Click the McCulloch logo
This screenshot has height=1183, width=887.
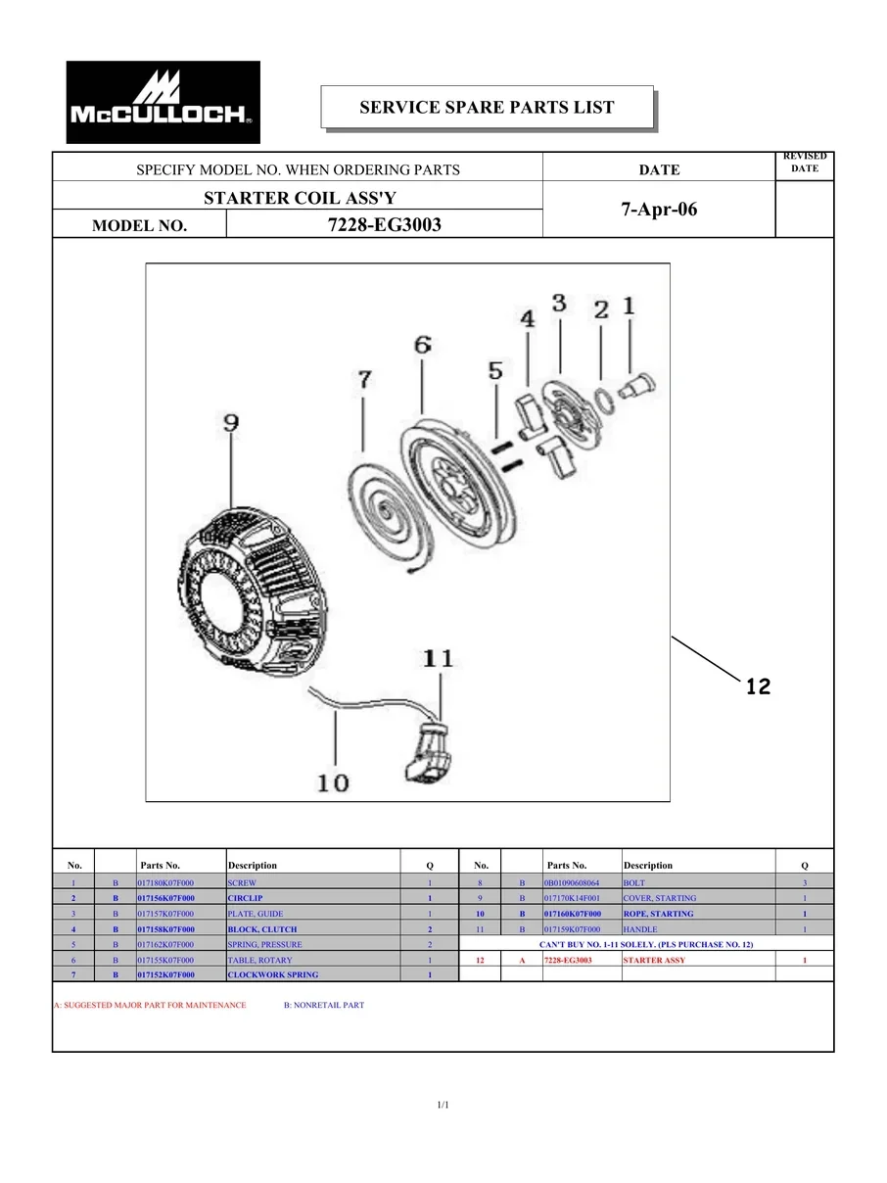[163, 102]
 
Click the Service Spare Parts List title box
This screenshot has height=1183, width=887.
[487, 108]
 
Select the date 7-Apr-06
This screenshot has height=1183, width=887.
[659, 210]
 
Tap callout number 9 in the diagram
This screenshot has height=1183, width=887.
[231, 423]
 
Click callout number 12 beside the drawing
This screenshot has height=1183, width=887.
[757, 686]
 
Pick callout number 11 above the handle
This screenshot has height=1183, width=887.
[439, 658]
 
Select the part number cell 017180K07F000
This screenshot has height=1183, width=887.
[166, 882]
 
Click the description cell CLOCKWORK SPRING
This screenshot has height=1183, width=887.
[262, 975]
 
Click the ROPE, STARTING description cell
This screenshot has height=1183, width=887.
[658, 914]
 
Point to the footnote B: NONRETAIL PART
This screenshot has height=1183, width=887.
[323, 1005]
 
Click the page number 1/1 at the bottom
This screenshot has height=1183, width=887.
[443, 1106]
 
